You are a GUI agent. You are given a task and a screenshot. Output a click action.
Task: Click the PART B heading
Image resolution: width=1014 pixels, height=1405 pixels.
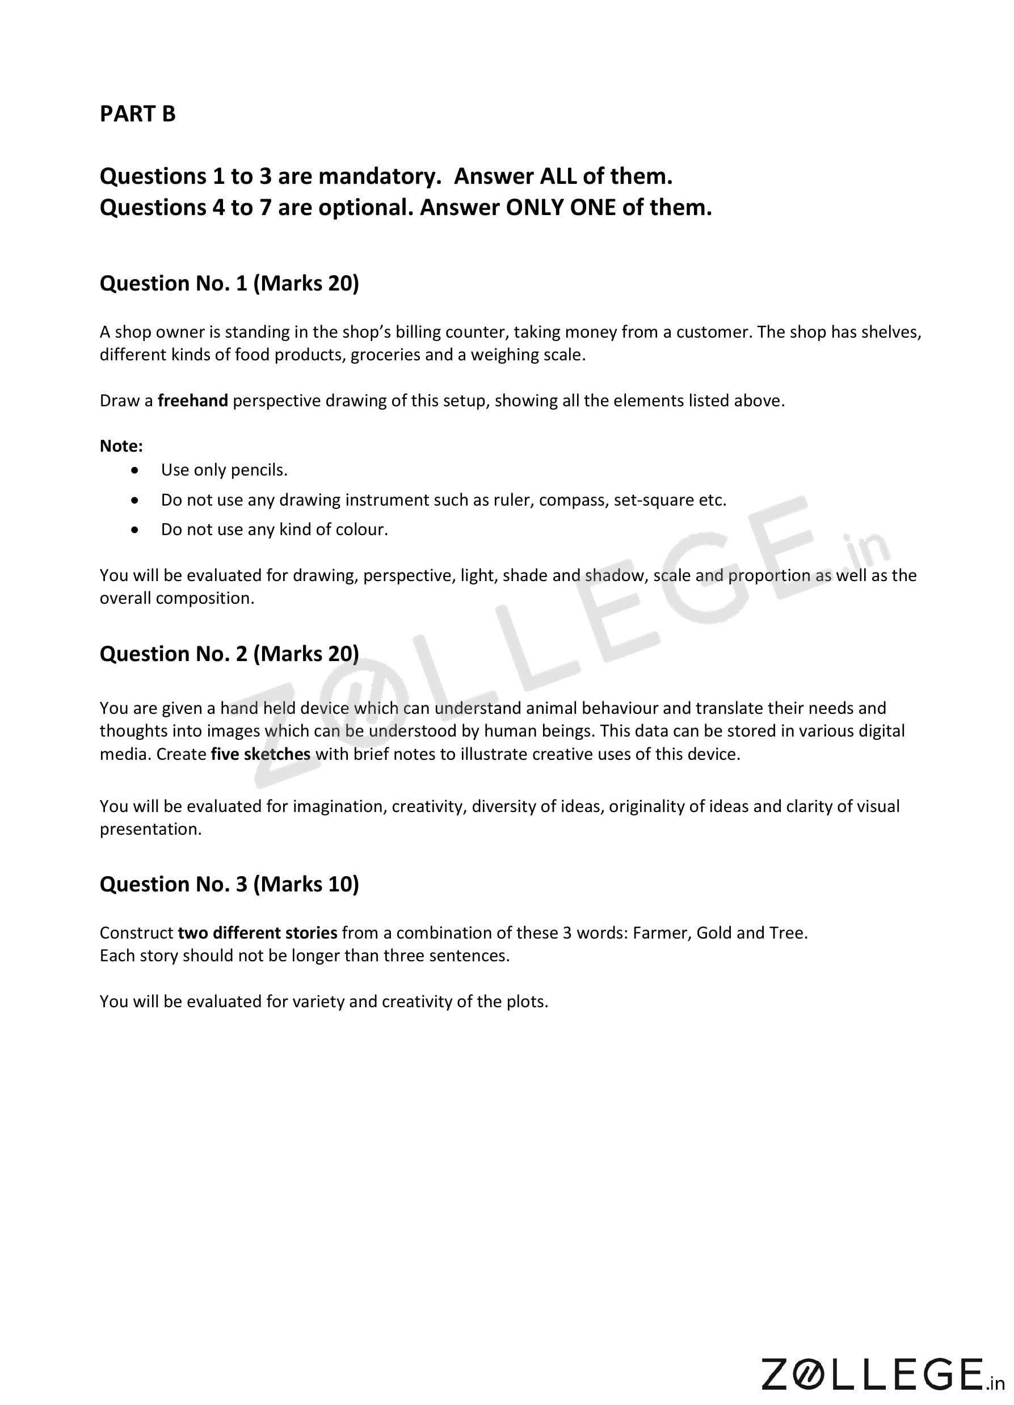pyautogui.click(x=137, y=114)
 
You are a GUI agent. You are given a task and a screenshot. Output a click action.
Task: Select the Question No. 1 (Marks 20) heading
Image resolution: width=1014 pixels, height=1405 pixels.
pyautogui.click(x=229, y=283)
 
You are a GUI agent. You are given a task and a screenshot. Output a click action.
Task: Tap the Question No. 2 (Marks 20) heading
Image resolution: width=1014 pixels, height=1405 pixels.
pyautogui.click(x=229, y=654)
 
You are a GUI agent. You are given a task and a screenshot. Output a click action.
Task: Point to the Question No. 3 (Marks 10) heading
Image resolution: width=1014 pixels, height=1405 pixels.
pyautogui.click(x=229, y=884)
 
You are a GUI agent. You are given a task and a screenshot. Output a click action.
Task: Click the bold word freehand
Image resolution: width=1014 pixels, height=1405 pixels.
pyautogui.click(x=192, y=401)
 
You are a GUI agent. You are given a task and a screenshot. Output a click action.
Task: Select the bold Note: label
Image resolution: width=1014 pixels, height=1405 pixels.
pyautogui.click(x=121, y=446)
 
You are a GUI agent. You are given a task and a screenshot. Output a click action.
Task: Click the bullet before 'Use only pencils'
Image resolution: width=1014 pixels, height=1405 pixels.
pyautogui.click(x=135, y=471)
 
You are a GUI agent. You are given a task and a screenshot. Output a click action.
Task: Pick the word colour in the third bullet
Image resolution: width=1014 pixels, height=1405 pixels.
pyautogui.click(x=362, y=529)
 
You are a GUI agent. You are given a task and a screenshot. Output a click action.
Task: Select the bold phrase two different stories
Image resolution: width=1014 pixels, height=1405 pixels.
pyautogui.click(x=257, y=933)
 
